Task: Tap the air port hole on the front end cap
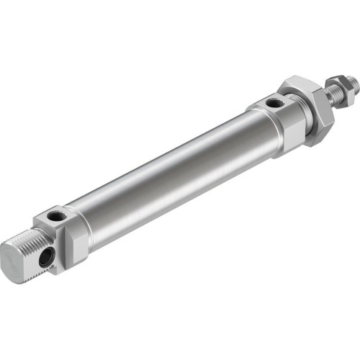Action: [273, 104]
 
